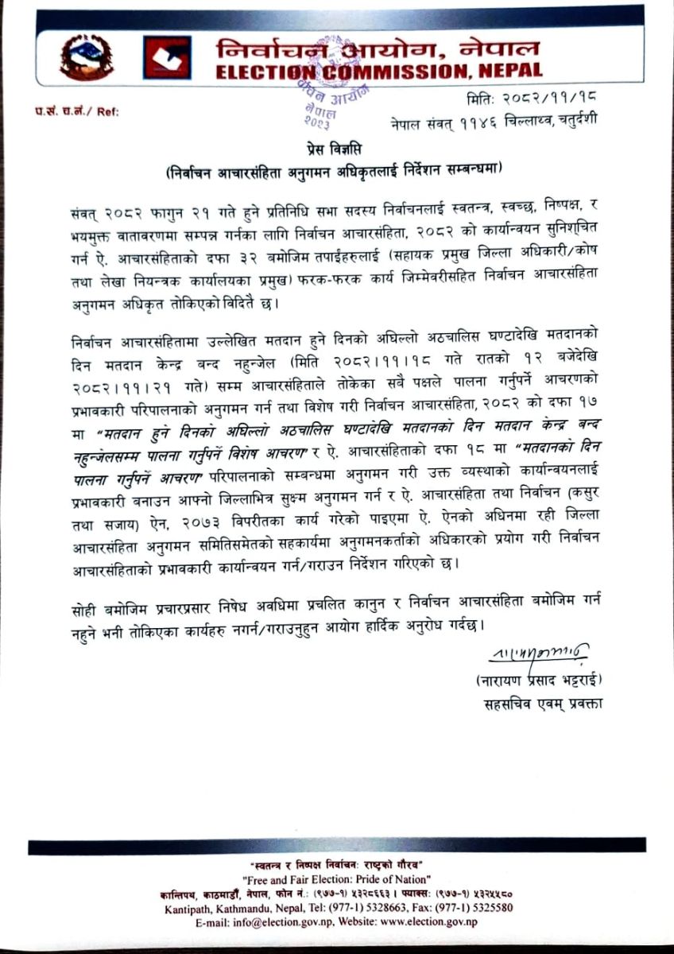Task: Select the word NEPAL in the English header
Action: point(508,72)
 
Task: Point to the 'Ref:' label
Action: point(107,111)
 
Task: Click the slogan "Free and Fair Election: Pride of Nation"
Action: point(337,879)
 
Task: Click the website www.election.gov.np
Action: point(428,921)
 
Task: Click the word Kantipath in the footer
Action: point(188,908)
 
